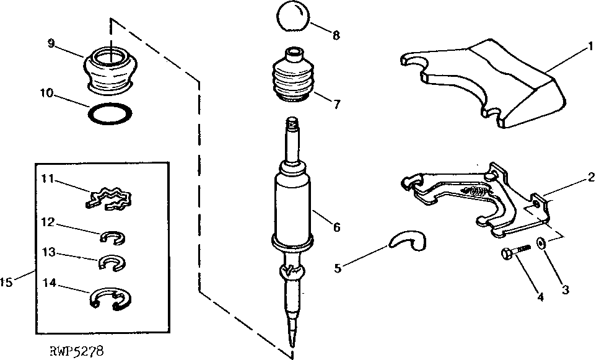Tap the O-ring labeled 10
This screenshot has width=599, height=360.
coord(110,114)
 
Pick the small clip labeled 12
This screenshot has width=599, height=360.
coord(113,237)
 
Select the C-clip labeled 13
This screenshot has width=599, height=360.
coord(112,262)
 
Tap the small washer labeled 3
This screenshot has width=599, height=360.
coord(541,244)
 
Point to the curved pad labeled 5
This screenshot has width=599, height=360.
coord(408,241)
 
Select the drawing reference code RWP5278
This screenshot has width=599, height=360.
coord(76,351)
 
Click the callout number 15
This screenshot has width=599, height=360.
coord(6,282)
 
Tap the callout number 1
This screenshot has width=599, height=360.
coord(590,46)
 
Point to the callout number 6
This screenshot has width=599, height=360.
coord(336,227)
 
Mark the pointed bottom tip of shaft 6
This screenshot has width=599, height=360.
coord(292,345)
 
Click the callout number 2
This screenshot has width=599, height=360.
coord(592,177)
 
